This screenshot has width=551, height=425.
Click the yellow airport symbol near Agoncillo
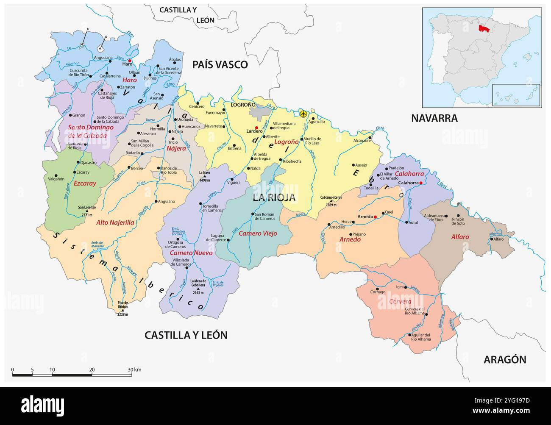303,114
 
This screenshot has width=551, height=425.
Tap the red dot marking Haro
130,61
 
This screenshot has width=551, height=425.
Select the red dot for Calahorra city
421,183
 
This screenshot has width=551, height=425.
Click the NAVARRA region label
434,119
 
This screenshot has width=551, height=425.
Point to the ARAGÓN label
505,360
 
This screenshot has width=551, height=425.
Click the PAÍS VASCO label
220,64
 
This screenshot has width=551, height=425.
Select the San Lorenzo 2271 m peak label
87,210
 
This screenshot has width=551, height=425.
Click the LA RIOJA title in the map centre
274,197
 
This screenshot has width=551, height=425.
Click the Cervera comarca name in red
400,301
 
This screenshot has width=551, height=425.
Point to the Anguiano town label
166,201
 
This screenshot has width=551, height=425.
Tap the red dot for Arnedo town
376,217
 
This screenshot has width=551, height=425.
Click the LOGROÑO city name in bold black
243,104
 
